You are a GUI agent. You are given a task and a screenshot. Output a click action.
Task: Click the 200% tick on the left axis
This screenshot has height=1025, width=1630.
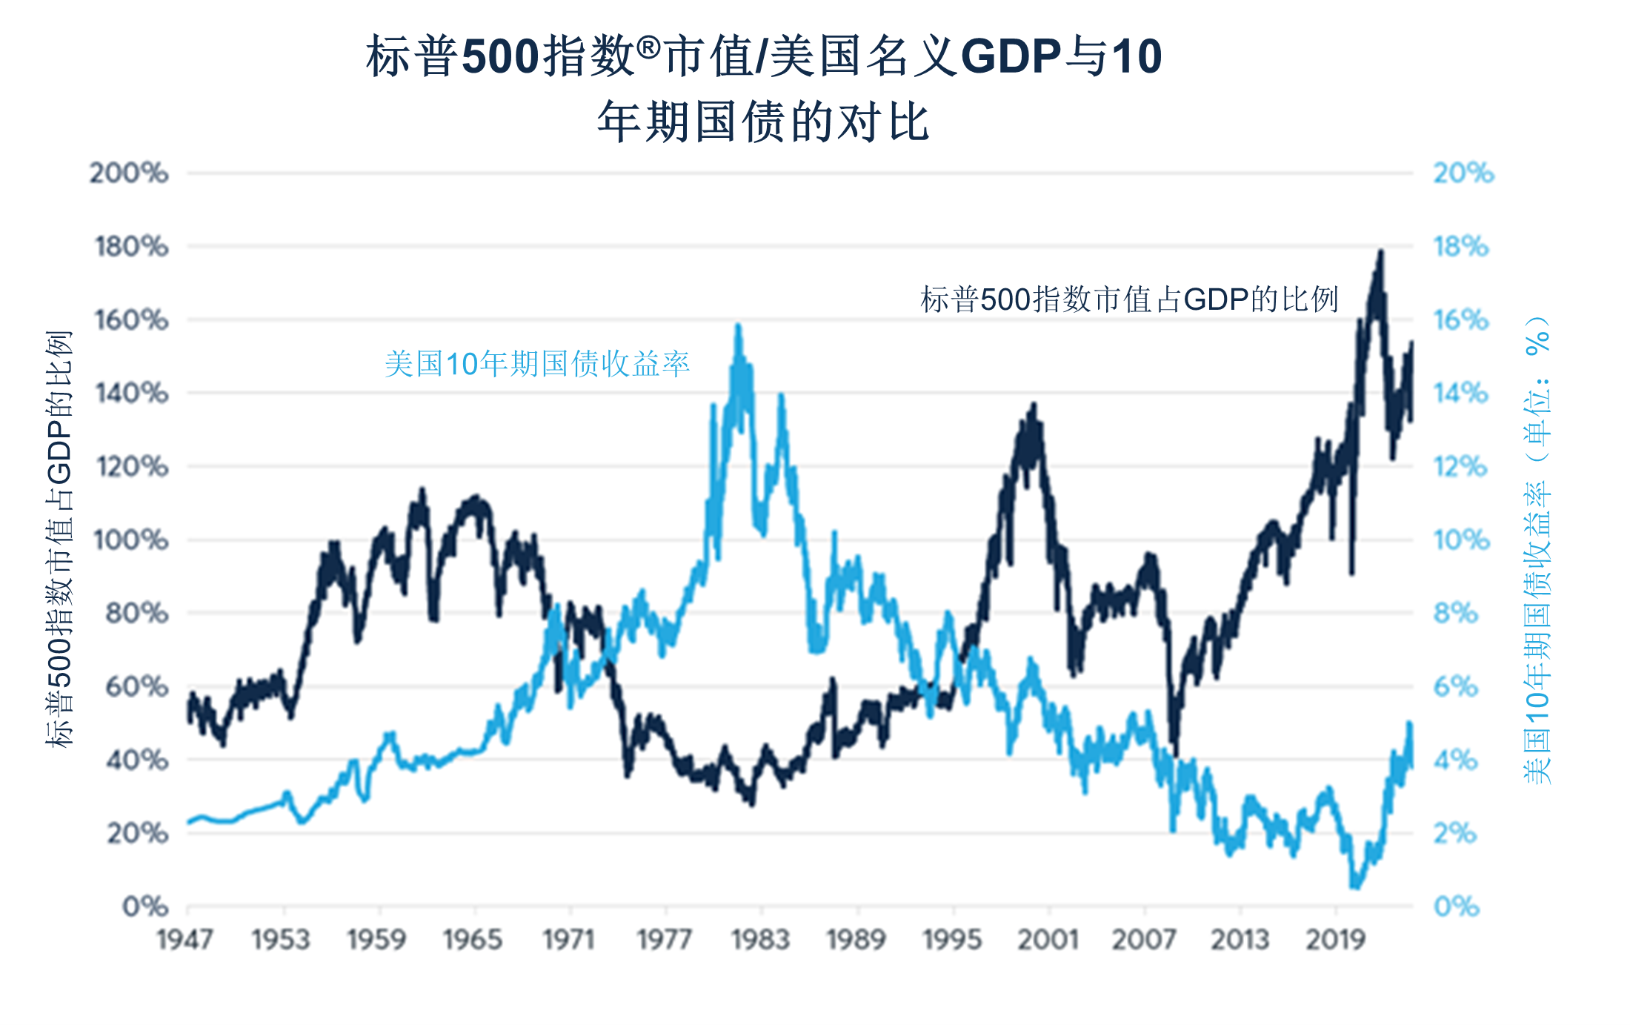pos(129,173)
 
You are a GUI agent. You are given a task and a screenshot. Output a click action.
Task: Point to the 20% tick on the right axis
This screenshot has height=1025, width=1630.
pos(1463,173)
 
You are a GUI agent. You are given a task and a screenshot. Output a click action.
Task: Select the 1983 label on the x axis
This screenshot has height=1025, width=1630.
pos(760,940)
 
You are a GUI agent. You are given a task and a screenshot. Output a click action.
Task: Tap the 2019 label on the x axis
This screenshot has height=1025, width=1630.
pos(1335,940)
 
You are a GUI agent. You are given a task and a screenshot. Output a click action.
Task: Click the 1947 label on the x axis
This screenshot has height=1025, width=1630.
pos(185,940)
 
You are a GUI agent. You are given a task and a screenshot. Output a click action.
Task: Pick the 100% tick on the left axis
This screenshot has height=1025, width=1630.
pos(131,540)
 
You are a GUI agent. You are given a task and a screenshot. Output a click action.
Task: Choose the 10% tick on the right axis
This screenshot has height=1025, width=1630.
pos(1461,540)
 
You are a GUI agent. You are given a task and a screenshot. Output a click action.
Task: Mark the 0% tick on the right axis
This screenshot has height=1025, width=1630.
pos(1457,906)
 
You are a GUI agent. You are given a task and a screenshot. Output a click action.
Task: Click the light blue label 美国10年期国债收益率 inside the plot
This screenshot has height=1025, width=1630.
pos(537,364)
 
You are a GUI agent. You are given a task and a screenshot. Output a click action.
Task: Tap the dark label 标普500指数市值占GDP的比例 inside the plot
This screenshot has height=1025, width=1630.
pos(1129,300)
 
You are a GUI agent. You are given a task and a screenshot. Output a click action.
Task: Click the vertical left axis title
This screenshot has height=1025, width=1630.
pos(59,539)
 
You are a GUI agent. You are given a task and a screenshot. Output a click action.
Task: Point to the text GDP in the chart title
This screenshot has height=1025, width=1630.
pos(1011,56)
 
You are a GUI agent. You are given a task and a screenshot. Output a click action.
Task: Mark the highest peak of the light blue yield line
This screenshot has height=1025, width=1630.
pos(738,326)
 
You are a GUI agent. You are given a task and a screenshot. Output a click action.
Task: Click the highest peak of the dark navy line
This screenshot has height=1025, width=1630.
pos(1380,253)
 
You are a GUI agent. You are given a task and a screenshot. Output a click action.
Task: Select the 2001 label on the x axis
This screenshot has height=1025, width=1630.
pos(1048,940)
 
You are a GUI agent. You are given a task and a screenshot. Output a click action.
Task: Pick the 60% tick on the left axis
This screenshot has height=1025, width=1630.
pos(136,687)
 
